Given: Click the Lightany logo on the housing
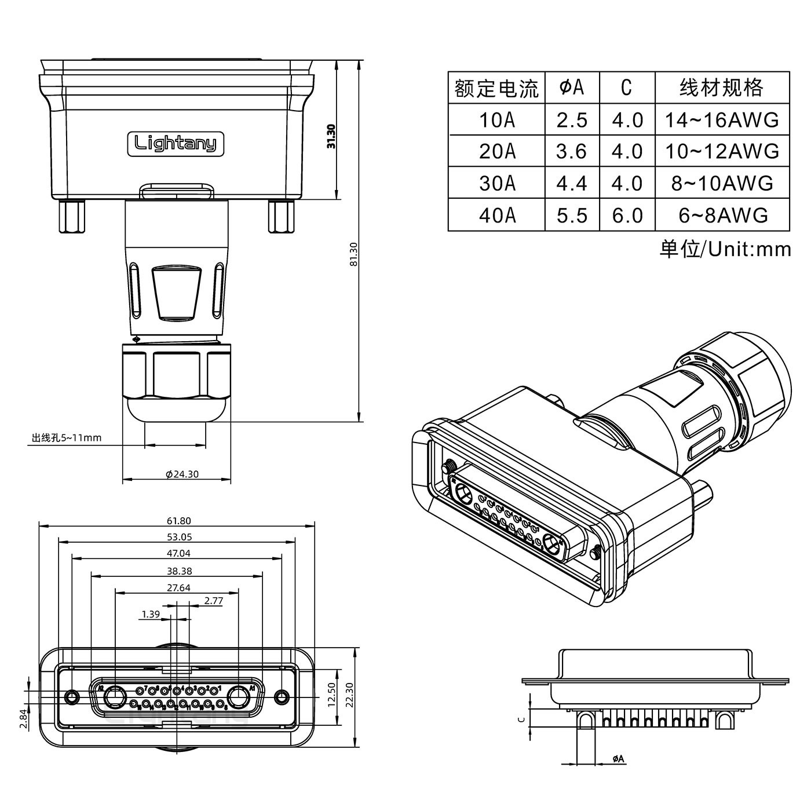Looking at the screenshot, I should coord(175,143).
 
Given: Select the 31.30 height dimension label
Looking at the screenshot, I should coord(331,136).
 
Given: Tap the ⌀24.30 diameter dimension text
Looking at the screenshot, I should coord(182,474).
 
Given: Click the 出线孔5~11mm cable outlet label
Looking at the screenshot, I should coord(67,437).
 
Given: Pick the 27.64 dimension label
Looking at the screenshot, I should coord(178,587).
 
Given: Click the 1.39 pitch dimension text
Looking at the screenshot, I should coord(150,613).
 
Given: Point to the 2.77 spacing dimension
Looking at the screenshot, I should coord(213,600).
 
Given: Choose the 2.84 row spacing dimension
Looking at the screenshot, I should coord(23,718).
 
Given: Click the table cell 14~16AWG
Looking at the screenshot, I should coord(721,120).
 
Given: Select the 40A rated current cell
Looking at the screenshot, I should coord(496,215).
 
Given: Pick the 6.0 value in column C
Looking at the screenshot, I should coord(627,215).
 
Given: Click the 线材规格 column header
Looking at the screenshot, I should coord(721,88).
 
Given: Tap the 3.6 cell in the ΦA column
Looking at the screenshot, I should coord(571,152).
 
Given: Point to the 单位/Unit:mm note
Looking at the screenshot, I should coord(725,249).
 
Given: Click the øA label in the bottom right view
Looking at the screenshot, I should coord(618,775).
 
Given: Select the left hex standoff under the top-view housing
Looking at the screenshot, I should coord(71,217).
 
